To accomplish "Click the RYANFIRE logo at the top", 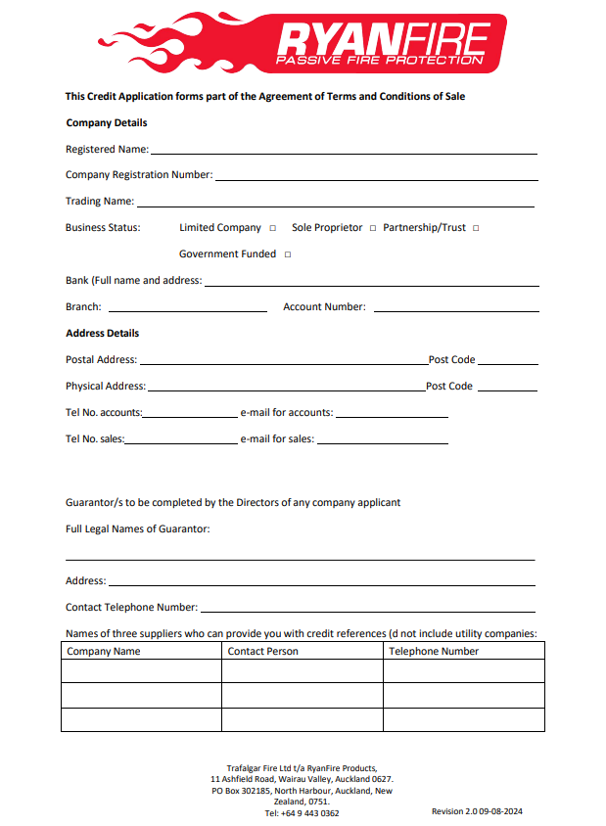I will (x=302, y=43).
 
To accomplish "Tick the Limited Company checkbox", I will (x=272, y=228).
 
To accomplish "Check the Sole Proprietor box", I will (x=372, y=228).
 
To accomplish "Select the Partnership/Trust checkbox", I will (x=476, y=228).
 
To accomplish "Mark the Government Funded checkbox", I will (x=288, y=254).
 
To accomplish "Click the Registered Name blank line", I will (x=343, y=153).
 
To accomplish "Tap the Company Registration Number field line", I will (x=376, y=179).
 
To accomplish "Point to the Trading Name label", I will (x=99, y=202).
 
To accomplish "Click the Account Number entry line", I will (x=455, y=310).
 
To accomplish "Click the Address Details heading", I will (x=102, y=333).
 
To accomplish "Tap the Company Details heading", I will (x=106, y=123).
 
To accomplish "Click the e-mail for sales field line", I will (x=382, y=442).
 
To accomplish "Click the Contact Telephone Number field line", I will (x=367, y=611).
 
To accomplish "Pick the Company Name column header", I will (x=103, y=651).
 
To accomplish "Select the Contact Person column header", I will (x=262, y=651).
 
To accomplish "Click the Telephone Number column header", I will (x=434, y=651).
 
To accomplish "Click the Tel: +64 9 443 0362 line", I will (x=302, y=813).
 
